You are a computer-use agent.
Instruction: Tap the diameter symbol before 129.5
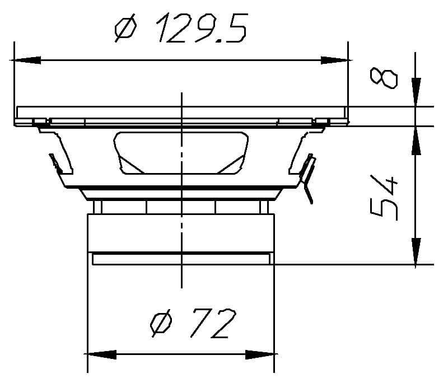tap(124, 29)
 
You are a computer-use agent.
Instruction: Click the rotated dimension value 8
tap(385, 78)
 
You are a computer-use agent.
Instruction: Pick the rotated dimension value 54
tap(385, 197)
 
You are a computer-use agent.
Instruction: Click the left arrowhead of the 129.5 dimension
tap(25, 60)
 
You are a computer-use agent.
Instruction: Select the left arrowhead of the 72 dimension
tap(101, 354)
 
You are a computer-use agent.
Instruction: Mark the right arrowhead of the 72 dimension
tap(260, 354)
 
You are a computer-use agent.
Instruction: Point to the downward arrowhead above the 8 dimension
tap(416, 93)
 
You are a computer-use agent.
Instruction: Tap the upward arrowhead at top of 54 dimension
tap(416, 141)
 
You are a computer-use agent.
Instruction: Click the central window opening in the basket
tap(181, 153)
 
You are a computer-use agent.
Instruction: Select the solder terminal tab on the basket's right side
tap(308, 176)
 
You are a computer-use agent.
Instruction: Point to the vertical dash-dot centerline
tap(181, 224)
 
